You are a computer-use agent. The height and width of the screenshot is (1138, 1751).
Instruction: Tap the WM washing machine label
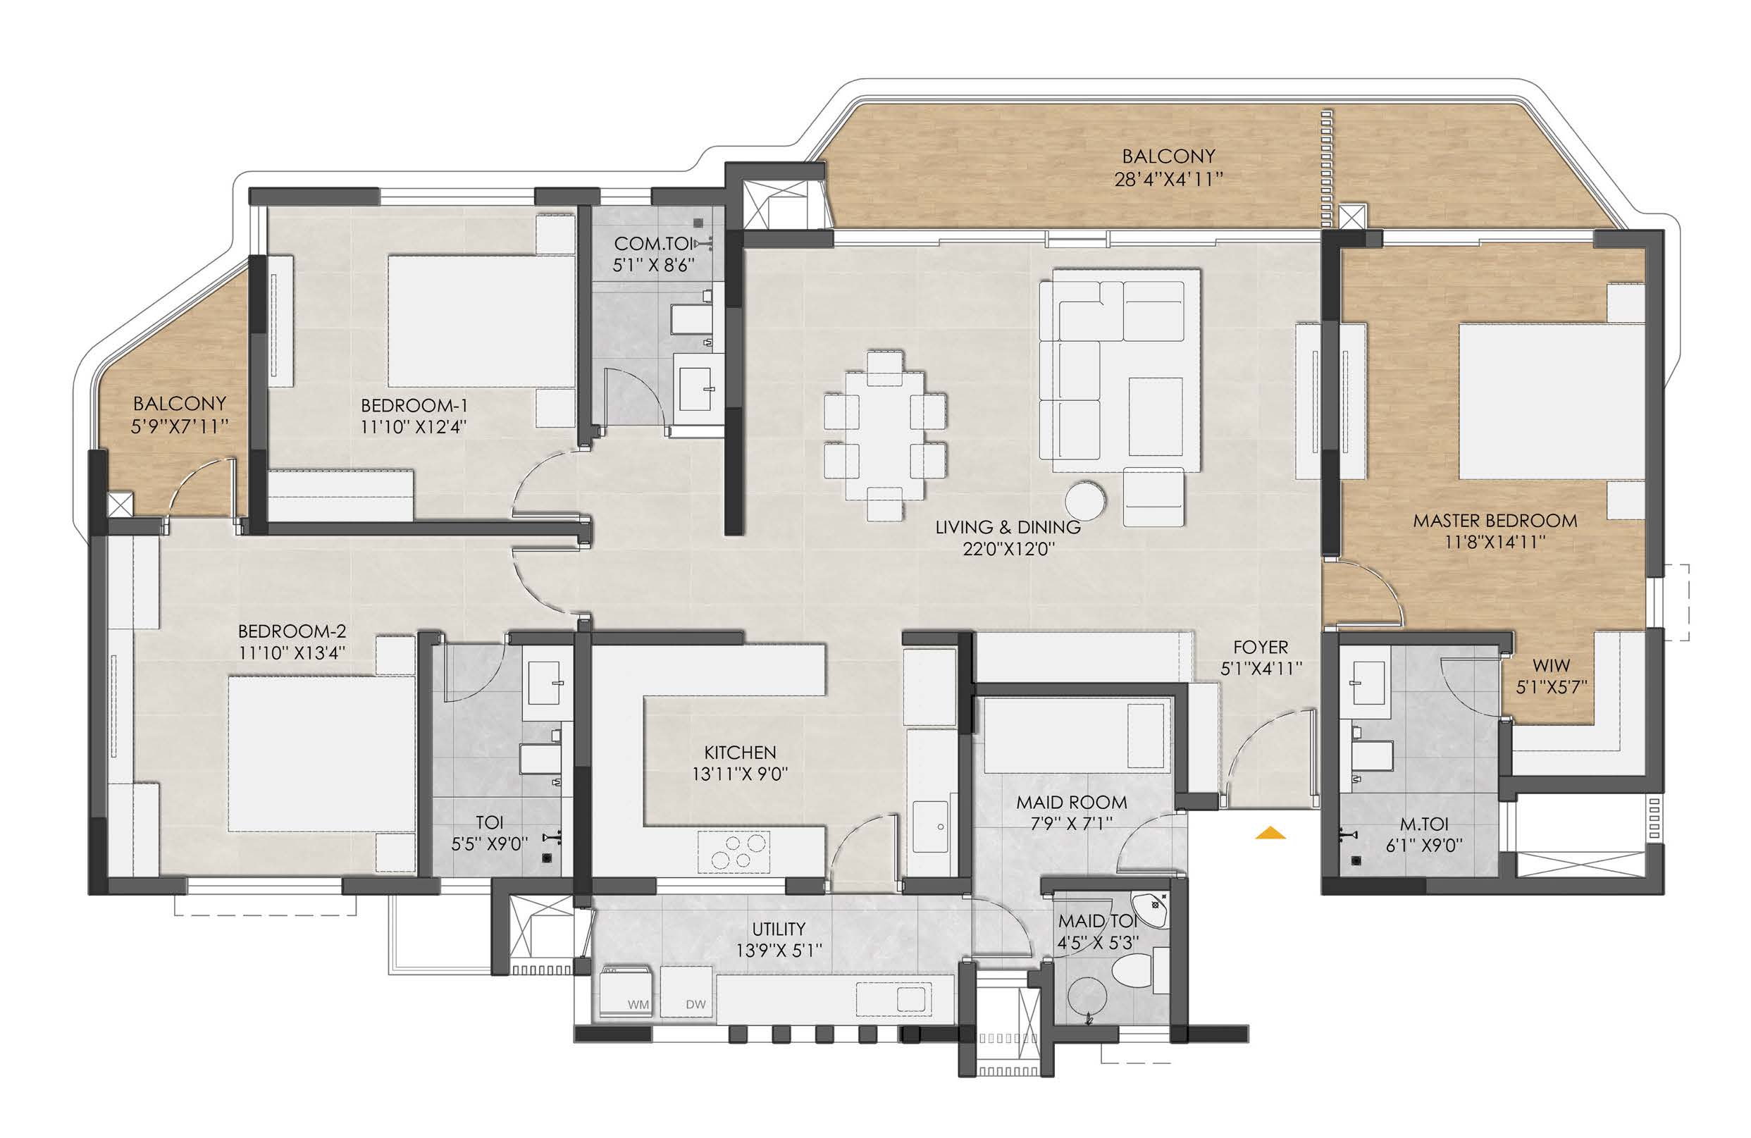click(x=638, y=1004)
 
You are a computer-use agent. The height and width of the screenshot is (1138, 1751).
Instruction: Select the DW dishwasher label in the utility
click(x=695, y=1004)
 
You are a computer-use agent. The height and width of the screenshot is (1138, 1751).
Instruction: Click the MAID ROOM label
click(x=1071, y=802)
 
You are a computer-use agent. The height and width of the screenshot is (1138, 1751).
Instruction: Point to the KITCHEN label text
click(x=740, y=752)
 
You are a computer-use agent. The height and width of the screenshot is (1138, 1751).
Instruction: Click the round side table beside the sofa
click(x=1085, y=501)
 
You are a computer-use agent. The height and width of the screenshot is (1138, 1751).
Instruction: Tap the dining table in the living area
click(x=885, y=435)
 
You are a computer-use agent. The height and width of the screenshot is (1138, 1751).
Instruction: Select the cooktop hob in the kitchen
click(x=734, y=852)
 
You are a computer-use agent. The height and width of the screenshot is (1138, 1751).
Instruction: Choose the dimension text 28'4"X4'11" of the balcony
click(x=1168, y=179)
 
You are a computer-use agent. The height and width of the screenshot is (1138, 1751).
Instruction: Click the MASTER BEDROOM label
click(x=1495, y=521)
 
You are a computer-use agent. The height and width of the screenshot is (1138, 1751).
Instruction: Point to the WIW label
click(x=1551, y=665)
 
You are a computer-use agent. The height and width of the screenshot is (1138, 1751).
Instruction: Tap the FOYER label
click(x=1261, y=648)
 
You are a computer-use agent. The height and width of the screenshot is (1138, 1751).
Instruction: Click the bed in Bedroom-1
click(x=481, y=321)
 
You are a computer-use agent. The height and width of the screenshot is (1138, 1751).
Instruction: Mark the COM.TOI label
click(x=653, y=244)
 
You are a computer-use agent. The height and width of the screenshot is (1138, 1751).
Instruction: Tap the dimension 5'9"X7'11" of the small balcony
click(x=180, y=426)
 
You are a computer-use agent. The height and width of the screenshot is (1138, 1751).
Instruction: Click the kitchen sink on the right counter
click(x=931, y=827)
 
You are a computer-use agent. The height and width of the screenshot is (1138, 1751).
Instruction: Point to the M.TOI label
click(x=1423, y=824)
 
